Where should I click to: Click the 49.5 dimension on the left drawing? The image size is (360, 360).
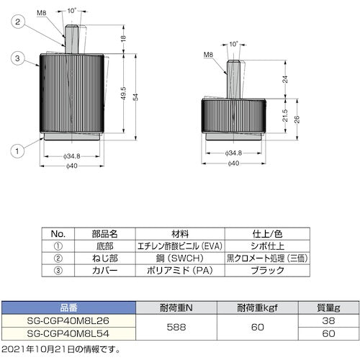point(123,94)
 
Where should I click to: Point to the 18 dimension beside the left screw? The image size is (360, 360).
point(123,40)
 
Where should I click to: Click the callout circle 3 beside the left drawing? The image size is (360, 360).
point(15,57)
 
